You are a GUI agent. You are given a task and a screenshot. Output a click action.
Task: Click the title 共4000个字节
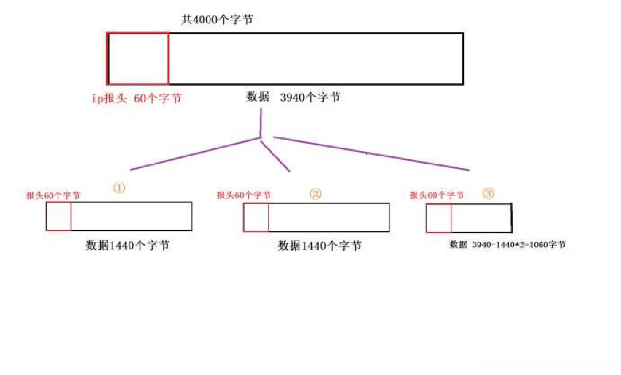[x=217, y=20]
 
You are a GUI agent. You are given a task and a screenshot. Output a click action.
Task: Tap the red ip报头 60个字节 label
[x=136, y=98]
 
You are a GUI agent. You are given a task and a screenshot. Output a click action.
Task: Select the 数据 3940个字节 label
[x=293, y=98]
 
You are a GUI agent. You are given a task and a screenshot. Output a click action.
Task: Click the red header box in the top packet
[x=138, y=59]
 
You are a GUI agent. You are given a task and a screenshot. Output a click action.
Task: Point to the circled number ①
[x=119, y=188]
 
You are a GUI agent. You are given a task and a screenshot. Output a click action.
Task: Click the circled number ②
[x=315, y=195]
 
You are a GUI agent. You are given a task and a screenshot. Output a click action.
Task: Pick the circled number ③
[x=488, y=194]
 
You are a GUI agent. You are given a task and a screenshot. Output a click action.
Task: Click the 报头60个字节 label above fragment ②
[x=244, y=195]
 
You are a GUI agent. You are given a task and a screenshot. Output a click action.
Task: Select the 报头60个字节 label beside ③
[x=437, y=195]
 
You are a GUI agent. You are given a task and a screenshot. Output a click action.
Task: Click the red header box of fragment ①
[x=59, y=217]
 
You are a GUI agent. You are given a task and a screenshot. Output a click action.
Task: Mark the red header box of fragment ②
[x=256, y=218]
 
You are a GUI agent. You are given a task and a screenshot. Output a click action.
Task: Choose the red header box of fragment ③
[x=439, y=218]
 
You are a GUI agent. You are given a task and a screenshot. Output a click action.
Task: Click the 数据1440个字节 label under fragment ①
[x=128, y=245]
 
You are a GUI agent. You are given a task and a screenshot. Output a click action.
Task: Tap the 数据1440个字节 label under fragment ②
[x=319, y=246]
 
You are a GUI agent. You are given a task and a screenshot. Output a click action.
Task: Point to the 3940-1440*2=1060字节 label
[x=508, y=245]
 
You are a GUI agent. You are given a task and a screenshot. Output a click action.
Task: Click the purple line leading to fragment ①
[x=194, y=154]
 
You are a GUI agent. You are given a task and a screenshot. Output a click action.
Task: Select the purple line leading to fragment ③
[x=372, y=153]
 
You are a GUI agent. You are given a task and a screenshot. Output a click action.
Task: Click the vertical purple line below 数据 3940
[x=260, y=123]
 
